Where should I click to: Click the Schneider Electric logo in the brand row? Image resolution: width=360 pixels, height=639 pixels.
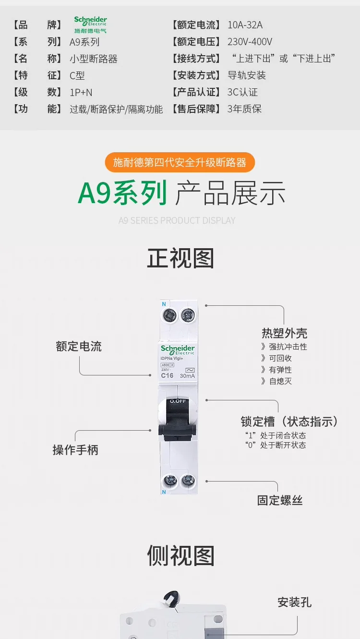(90, 24)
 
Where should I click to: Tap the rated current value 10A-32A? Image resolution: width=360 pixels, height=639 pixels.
(245, 25)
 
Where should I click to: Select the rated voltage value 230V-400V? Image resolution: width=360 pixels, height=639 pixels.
(250, 42)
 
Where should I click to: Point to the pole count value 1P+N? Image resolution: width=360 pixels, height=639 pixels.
(81, 93)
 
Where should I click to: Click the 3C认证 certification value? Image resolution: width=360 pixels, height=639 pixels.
(242, 92)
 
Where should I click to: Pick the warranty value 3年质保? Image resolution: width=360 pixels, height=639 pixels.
(244, 109)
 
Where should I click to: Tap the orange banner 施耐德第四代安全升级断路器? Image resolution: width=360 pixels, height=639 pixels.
(180, 162)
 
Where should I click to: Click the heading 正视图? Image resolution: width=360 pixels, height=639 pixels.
(180, 258)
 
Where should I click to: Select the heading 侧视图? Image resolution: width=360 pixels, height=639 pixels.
(180, 555)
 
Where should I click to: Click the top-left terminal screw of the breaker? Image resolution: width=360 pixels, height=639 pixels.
(169, 315)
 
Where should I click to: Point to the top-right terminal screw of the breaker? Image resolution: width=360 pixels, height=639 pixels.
(188, 315)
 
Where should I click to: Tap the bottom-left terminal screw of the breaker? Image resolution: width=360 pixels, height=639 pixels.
(170, 481)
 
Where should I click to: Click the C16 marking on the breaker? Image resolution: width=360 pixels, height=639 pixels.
(167, 375)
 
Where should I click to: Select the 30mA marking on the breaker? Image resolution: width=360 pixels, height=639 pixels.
(187, 376)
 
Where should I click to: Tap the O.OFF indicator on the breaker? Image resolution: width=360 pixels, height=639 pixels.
(178, 401)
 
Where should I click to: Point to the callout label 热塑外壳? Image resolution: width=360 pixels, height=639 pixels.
(285, 333)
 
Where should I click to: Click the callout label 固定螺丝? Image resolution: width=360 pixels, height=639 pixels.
(280, 500)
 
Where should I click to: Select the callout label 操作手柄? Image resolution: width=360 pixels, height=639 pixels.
(75, 450)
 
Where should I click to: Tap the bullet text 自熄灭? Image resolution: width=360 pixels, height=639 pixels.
(280, 381)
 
